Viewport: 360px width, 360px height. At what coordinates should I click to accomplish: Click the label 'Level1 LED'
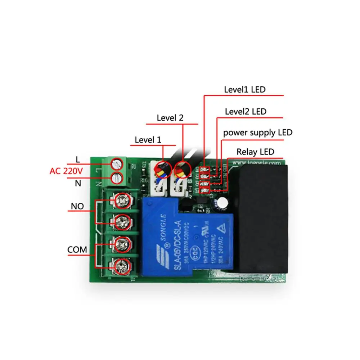244,90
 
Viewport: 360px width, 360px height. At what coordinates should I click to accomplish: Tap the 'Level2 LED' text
246,112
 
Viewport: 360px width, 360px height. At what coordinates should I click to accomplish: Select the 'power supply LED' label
258,132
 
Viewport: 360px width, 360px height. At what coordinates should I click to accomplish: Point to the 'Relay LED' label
255,152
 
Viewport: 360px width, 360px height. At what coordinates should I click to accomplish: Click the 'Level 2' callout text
170,118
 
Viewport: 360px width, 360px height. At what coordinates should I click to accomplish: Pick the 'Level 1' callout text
148,140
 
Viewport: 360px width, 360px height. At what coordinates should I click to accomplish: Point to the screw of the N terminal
116,178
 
